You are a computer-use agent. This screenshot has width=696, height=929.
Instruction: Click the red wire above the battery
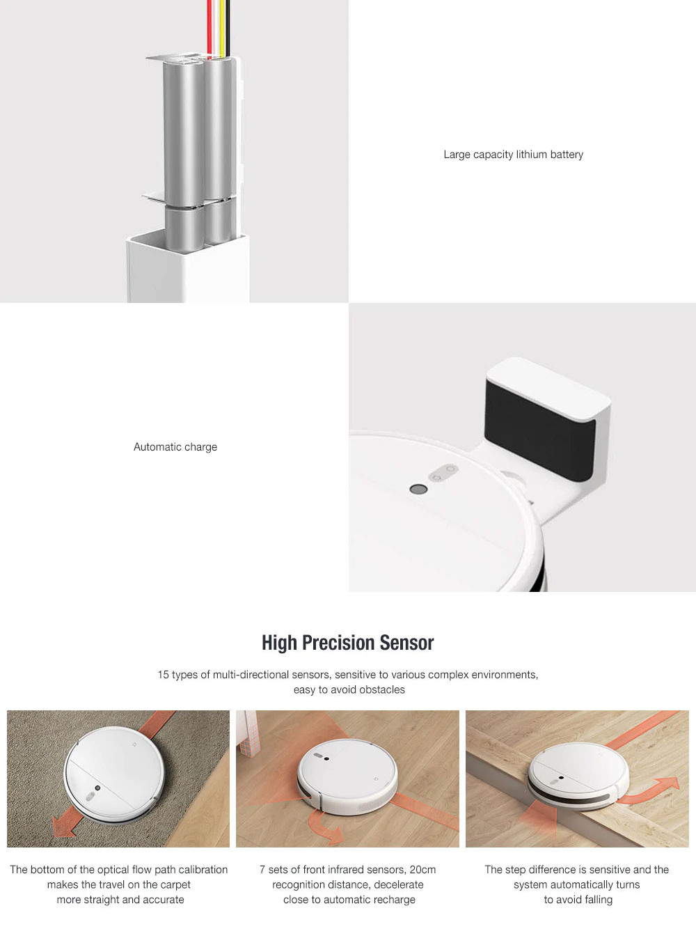point(210,24)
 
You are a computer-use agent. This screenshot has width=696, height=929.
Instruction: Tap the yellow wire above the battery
point(222,24)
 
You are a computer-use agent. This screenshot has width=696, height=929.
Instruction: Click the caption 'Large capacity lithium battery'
point(513,155)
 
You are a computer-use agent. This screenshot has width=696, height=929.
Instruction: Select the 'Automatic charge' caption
point(175,447)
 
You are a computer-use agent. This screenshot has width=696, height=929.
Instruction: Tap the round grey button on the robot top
point(418,489)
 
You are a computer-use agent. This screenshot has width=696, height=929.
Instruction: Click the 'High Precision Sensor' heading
point(347,643)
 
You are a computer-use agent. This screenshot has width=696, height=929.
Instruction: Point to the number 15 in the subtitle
point(163,675)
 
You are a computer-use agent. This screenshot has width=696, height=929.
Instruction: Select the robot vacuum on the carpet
point(115,774)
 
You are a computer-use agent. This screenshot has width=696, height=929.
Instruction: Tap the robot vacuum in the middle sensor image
point(347,775)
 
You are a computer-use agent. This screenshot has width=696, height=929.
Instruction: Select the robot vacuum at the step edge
point(578,776)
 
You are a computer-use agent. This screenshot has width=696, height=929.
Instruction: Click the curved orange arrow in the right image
point(654,790)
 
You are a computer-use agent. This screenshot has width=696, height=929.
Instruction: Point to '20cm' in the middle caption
point(422,870)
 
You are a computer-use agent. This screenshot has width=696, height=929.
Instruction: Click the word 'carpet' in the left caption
point(173,885)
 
